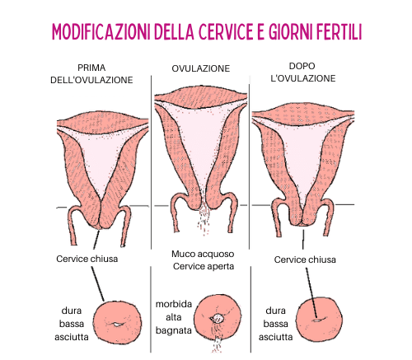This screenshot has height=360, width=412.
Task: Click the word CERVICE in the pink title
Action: click(225, 31)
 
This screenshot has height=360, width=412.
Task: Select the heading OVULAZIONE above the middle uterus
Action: click(201, 68)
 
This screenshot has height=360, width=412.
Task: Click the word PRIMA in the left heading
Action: click(91, 68)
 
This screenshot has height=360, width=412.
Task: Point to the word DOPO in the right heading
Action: click(302, 66)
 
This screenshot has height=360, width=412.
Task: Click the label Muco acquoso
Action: click(203, 254)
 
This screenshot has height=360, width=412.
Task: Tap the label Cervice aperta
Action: click(204, 266)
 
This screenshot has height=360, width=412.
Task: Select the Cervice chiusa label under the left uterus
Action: click(87, 259)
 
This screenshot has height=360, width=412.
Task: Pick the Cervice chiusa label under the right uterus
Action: click(305, 259)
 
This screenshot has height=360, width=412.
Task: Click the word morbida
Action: click(174, 304)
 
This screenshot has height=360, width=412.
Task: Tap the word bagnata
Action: click(174, 330)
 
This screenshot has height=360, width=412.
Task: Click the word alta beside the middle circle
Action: click(174, 317)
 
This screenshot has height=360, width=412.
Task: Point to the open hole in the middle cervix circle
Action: click(218, 319)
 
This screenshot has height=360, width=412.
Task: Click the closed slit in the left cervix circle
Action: click(118, 325)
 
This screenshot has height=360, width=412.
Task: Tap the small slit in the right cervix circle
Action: click(317, 320)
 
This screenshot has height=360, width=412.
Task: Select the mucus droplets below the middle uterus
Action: click(204, 220)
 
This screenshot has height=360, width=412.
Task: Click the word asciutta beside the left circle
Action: click(72, 337)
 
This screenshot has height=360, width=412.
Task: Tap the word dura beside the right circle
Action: click(275, 311)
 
